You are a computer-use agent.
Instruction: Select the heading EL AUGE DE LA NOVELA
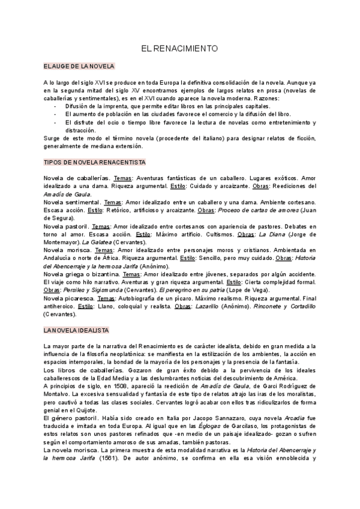point(79,66)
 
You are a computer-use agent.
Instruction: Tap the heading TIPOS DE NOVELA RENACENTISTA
point(95,162)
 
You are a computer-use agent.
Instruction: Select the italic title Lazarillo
point(209,306)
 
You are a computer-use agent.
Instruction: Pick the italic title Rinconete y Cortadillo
point(278,306)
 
